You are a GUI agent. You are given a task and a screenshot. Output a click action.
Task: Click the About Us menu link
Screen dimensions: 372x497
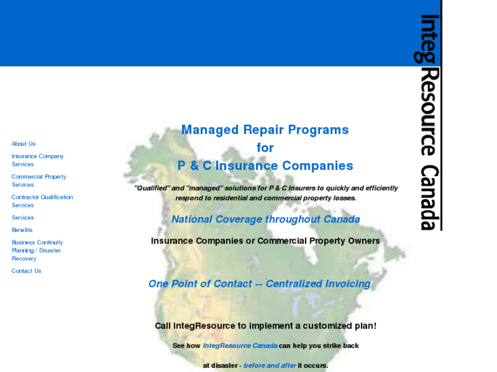click(23, 144)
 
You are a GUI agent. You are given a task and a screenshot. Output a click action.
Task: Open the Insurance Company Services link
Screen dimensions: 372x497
click(37, 160)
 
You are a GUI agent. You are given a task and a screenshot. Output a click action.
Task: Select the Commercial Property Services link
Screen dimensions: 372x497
click(38, 181)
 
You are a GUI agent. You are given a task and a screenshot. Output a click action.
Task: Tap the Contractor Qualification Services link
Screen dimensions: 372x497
click(42, 201)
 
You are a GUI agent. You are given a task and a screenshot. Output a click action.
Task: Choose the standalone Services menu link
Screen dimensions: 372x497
click(23, 218)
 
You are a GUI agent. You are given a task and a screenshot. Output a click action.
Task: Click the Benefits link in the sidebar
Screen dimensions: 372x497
click(22, 230)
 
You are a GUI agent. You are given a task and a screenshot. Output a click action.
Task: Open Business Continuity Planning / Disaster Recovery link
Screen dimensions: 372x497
click(37, 251)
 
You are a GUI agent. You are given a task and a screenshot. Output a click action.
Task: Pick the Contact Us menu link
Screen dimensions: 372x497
click(26, 271)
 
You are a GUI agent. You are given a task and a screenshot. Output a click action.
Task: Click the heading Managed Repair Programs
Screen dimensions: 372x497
click(265, 130)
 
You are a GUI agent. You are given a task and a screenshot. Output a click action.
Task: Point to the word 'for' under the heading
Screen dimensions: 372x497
click(265, 147)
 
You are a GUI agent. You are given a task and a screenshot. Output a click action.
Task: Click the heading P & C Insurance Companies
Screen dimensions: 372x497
click(265, 166)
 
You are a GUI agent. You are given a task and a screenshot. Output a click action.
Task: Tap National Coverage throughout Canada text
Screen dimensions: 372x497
click(265, 220)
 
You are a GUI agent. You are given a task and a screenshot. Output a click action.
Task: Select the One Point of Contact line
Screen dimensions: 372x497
click(259, 284)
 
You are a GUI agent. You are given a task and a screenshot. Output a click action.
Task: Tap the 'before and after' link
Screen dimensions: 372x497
click(270, 366)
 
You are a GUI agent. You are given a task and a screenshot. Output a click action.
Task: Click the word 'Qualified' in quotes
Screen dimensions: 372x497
click(150, 188)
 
